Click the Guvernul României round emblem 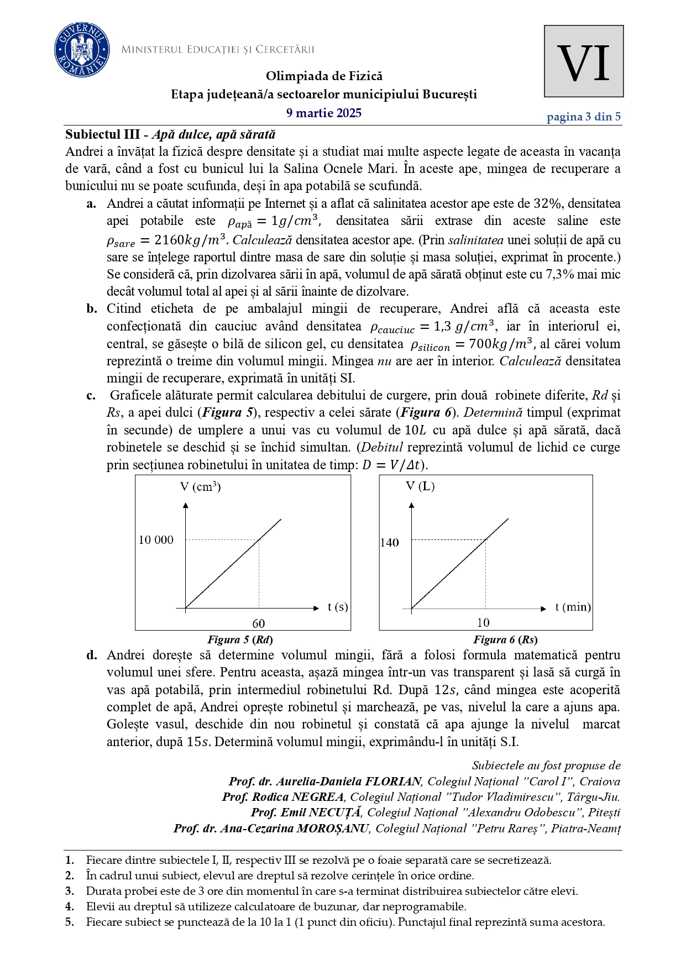pos(82,50)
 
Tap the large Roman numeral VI pos(583,62)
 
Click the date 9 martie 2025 pos(324,113)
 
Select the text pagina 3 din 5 pos(583,117)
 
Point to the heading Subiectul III pos(102,134)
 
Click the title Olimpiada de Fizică pos(324,76)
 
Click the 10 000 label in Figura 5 pos(156,540)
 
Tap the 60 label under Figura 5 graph pos(259,623)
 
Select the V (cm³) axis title pos(200,487)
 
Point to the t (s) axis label pos(338,607)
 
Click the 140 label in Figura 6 pos(389,543)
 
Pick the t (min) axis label pos(573,607)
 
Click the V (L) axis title pos(420,486)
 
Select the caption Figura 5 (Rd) pos(240,640)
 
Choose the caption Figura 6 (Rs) pos(505,640)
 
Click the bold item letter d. pos(92,656)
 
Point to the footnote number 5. pos(69,922)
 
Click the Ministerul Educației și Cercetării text pos(217,50)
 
